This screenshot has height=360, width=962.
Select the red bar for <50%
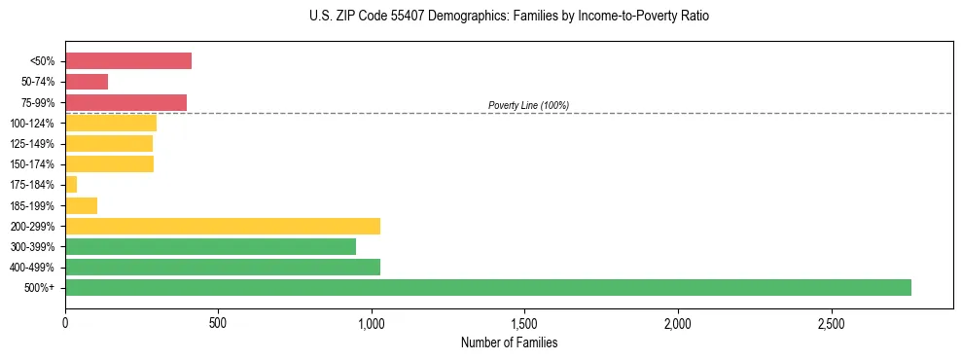click(x=128, y=61)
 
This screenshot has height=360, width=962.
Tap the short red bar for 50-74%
click(x=87, y=82)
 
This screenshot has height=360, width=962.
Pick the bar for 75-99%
click(x=125, y=102)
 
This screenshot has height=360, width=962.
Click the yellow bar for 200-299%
click(x=223, y=226)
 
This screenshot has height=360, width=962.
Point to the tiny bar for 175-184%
click(x=71, y=184)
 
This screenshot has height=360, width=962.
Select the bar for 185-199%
click(x=82, y=205)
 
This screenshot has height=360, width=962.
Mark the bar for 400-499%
click(x=223, y=267)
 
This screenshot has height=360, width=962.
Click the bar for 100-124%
click(x=111, y=123)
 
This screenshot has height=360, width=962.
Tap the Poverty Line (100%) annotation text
click(x=528, y=105)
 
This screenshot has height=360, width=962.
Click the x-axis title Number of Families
click(x=509, y=342)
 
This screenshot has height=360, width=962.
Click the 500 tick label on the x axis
click(x=218, y=322)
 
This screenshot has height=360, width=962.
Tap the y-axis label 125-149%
click(x=32, y=144)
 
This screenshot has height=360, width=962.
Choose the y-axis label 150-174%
click(x=32, y=164)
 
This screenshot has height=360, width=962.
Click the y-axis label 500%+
click(x=40, y=288)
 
